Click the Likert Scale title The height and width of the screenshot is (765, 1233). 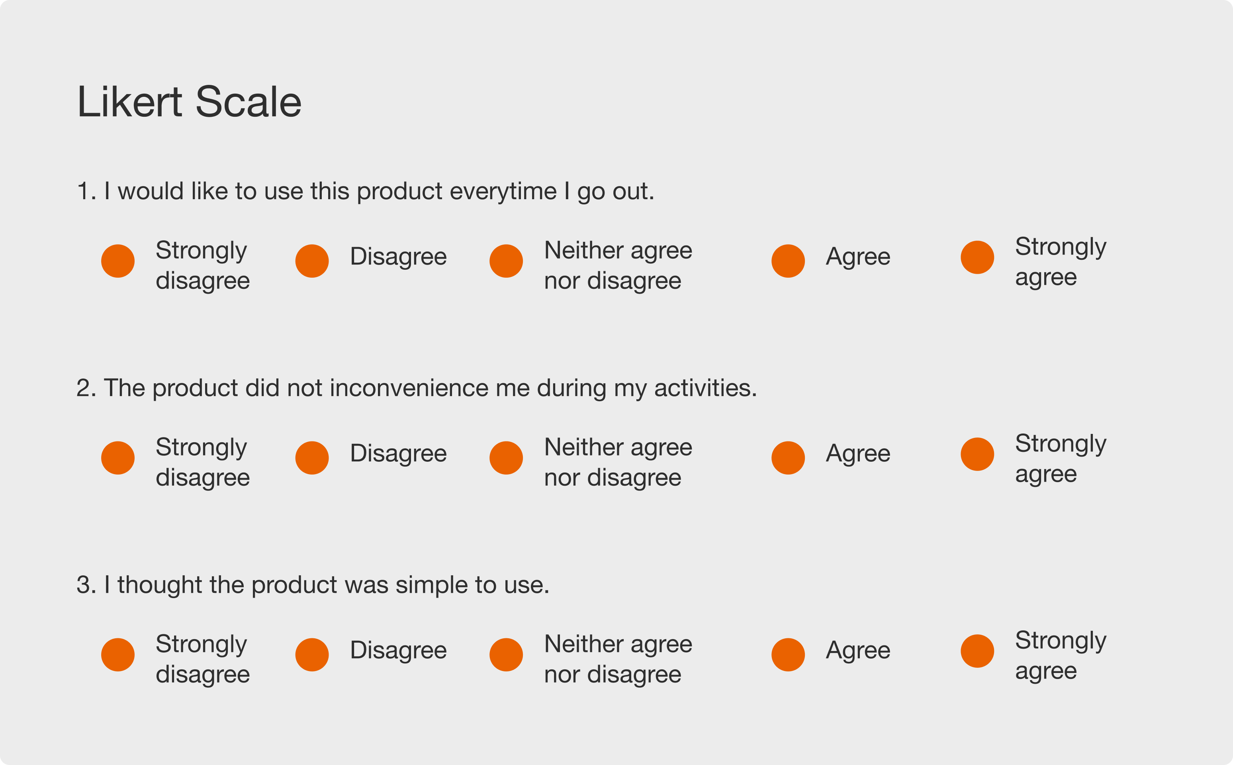[x=189, y=102]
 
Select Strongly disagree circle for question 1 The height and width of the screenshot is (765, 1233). [x=118, y=261]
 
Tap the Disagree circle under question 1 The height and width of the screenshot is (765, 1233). [x=312, y=261]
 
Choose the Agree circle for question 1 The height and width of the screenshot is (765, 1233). [x=788, y=261]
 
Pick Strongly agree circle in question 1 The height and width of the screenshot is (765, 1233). [x=977, y=257]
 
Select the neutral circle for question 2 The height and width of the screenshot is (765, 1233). [x=506, y=458]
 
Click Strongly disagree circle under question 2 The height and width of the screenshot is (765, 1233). [x=118, y=458]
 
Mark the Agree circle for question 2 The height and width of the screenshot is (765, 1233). [x=788, y=458]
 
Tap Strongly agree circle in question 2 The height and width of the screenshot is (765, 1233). [x=977, y=454]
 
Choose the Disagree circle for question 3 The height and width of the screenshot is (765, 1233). [x=312, y=655]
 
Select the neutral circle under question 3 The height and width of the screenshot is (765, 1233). [x=506, y=655]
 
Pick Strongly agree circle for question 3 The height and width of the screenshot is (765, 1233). [x=977, y=651]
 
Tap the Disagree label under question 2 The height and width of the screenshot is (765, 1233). [x=399, y=454]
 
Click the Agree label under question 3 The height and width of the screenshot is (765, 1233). [x=858, y=651]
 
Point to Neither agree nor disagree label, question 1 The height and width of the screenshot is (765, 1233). [x=618, y=266]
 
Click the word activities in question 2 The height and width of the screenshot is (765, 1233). [x=706, y=388]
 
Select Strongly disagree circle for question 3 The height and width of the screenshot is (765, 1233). [x=118, y=655]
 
